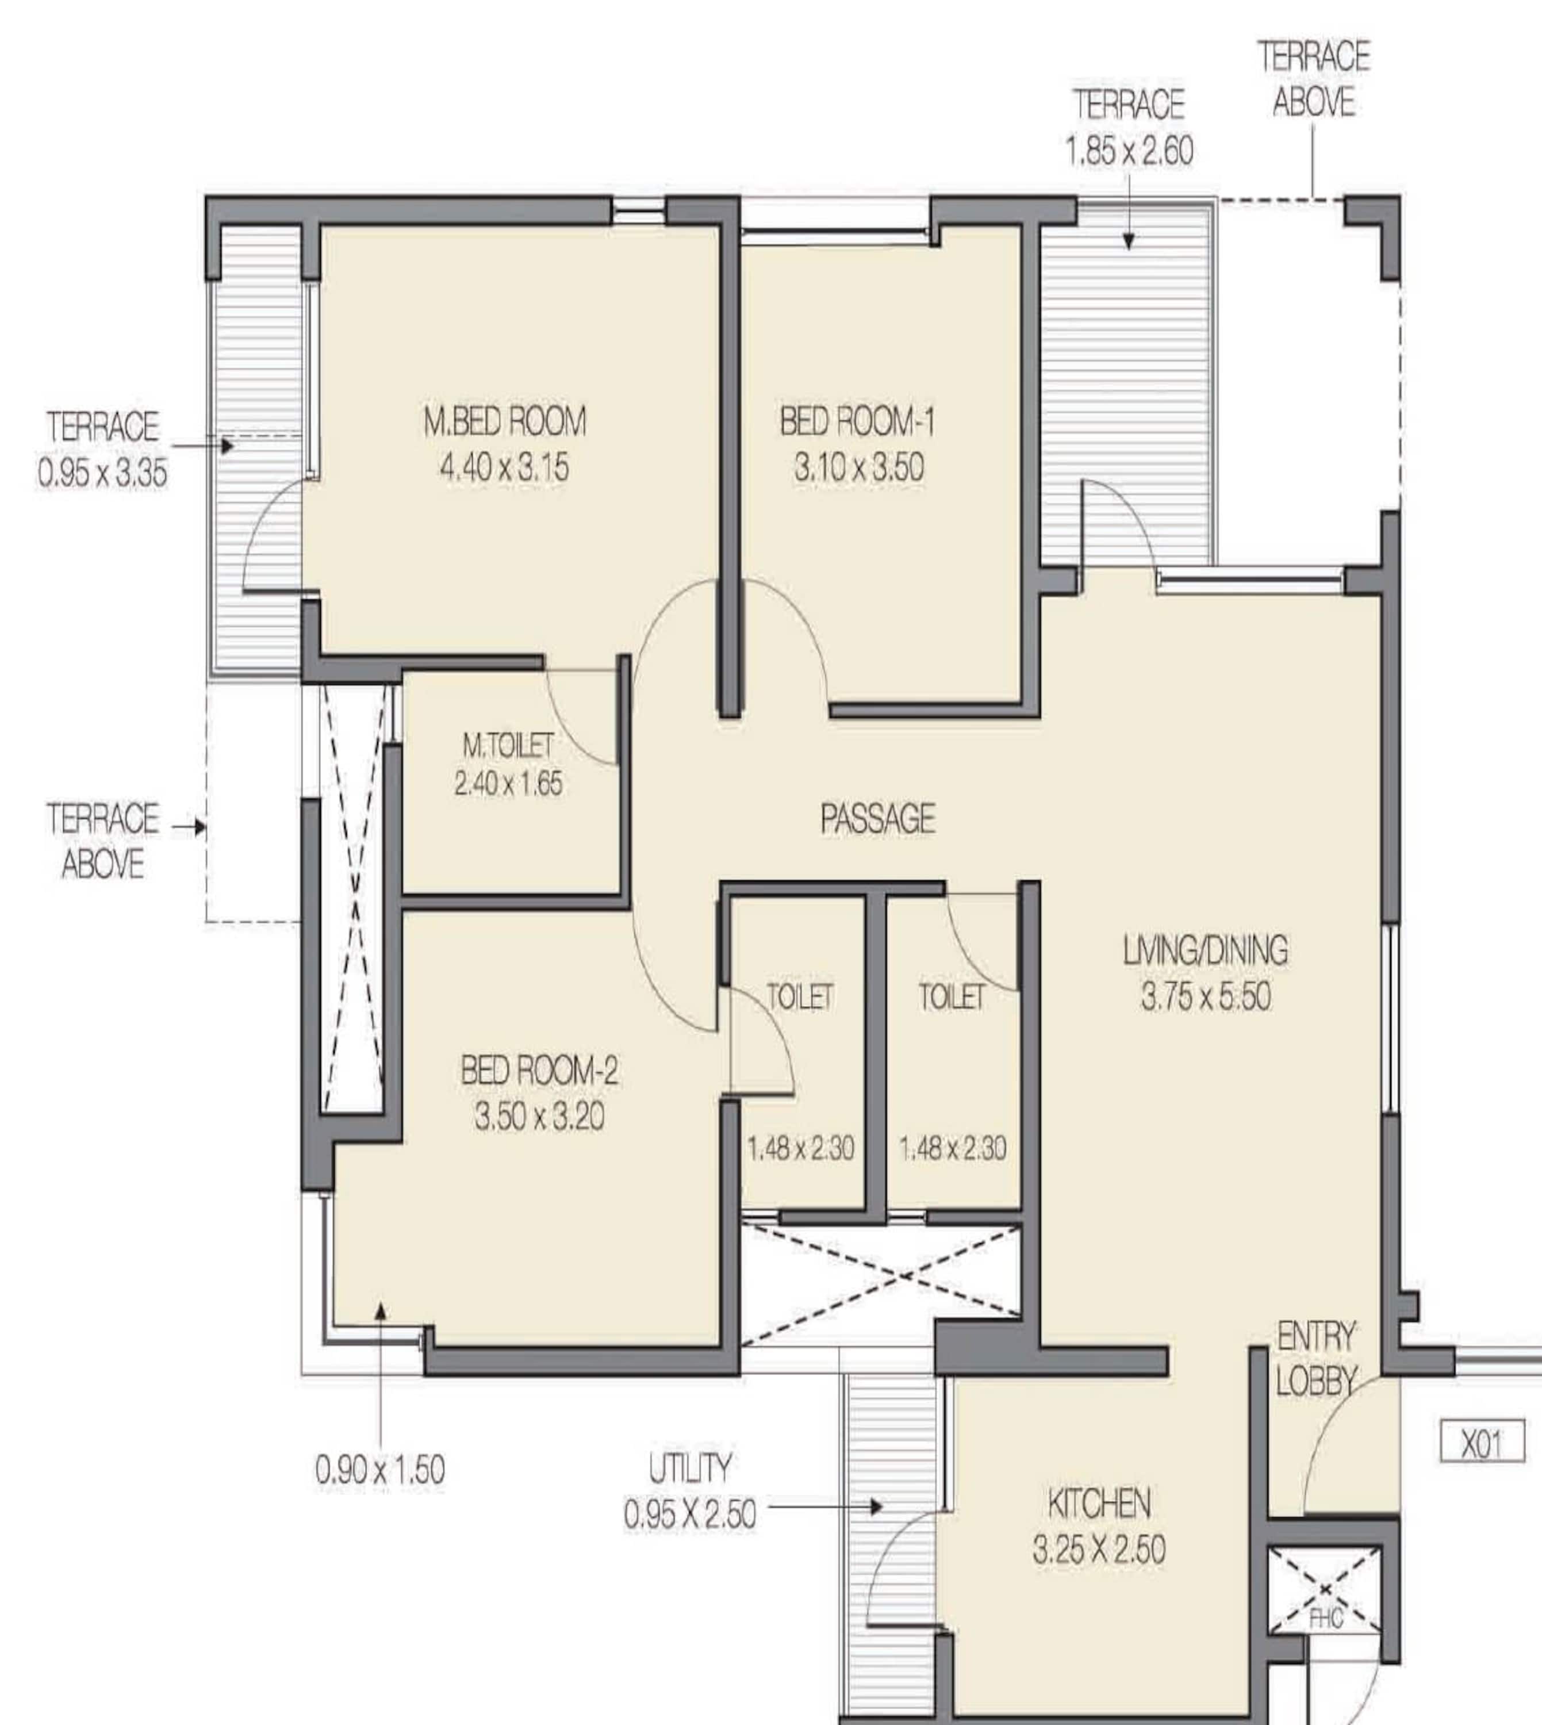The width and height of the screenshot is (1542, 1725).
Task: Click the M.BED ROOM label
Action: tap(505, 421)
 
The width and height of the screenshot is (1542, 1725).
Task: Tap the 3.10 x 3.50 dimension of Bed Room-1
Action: tap(858, 467)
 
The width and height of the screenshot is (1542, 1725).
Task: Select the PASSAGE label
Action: tap(878, 818)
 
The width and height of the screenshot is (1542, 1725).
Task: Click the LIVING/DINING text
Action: tap(1205, 950)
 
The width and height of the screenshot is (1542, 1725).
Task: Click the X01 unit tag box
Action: tap(1482, 1441)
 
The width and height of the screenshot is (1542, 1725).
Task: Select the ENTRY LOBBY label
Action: tap(1316, 1360)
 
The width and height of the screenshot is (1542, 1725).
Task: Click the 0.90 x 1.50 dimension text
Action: tap(379, 1470)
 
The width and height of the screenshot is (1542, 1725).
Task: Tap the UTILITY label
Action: tap(690, 1469)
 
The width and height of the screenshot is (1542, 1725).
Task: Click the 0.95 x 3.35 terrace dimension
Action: tap(102, 472)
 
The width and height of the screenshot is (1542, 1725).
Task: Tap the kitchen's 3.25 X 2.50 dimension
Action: tap(1099, 1550)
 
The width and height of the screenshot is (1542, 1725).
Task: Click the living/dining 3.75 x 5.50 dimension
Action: tap(1205, 996)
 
